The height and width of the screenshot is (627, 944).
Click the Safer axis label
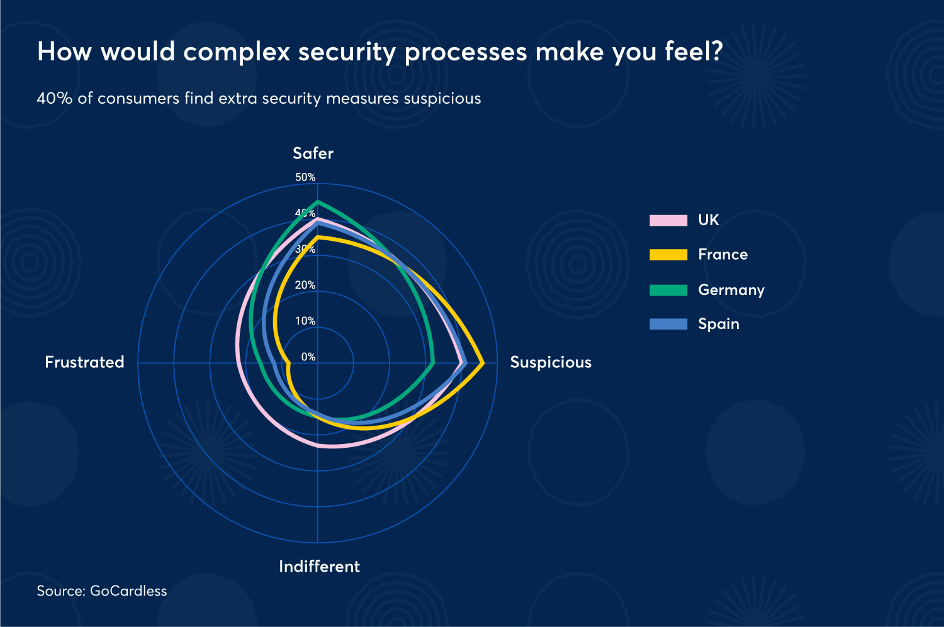(x=313, y=153)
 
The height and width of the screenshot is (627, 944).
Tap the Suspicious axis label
(x=551, y=362)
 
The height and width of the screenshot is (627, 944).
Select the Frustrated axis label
(x=84, y=362)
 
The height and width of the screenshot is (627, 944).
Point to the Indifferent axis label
(x=319, y=567)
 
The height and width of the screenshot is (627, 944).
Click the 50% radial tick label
(x=305, y=177)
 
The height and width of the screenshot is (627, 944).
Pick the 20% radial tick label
(x=305, y=285)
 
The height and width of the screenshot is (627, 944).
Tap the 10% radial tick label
(x=305, y=321)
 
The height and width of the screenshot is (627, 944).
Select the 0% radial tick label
(x=308, y=357)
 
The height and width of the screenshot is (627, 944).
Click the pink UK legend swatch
(x=668, y=220)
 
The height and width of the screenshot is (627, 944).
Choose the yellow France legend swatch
(x=668, y=255)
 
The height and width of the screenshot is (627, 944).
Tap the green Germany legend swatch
(x=668, y=290)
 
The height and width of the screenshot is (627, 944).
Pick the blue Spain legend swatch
(x=668, y=324)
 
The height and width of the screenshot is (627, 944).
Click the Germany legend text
(x=731, y=290)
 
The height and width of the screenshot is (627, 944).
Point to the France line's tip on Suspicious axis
(x=483, y=363)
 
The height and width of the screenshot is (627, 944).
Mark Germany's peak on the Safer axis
(x=318, y=202)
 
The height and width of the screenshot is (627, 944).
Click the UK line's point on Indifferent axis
(x=318, y=445)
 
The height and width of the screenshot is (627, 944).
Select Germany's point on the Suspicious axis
(x=434, y=363)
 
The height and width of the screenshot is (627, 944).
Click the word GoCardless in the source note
(x=128, y=591)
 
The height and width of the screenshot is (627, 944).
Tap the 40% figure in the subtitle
(x=55, y=99)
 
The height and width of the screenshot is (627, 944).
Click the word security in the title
(x=346, y=52)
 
